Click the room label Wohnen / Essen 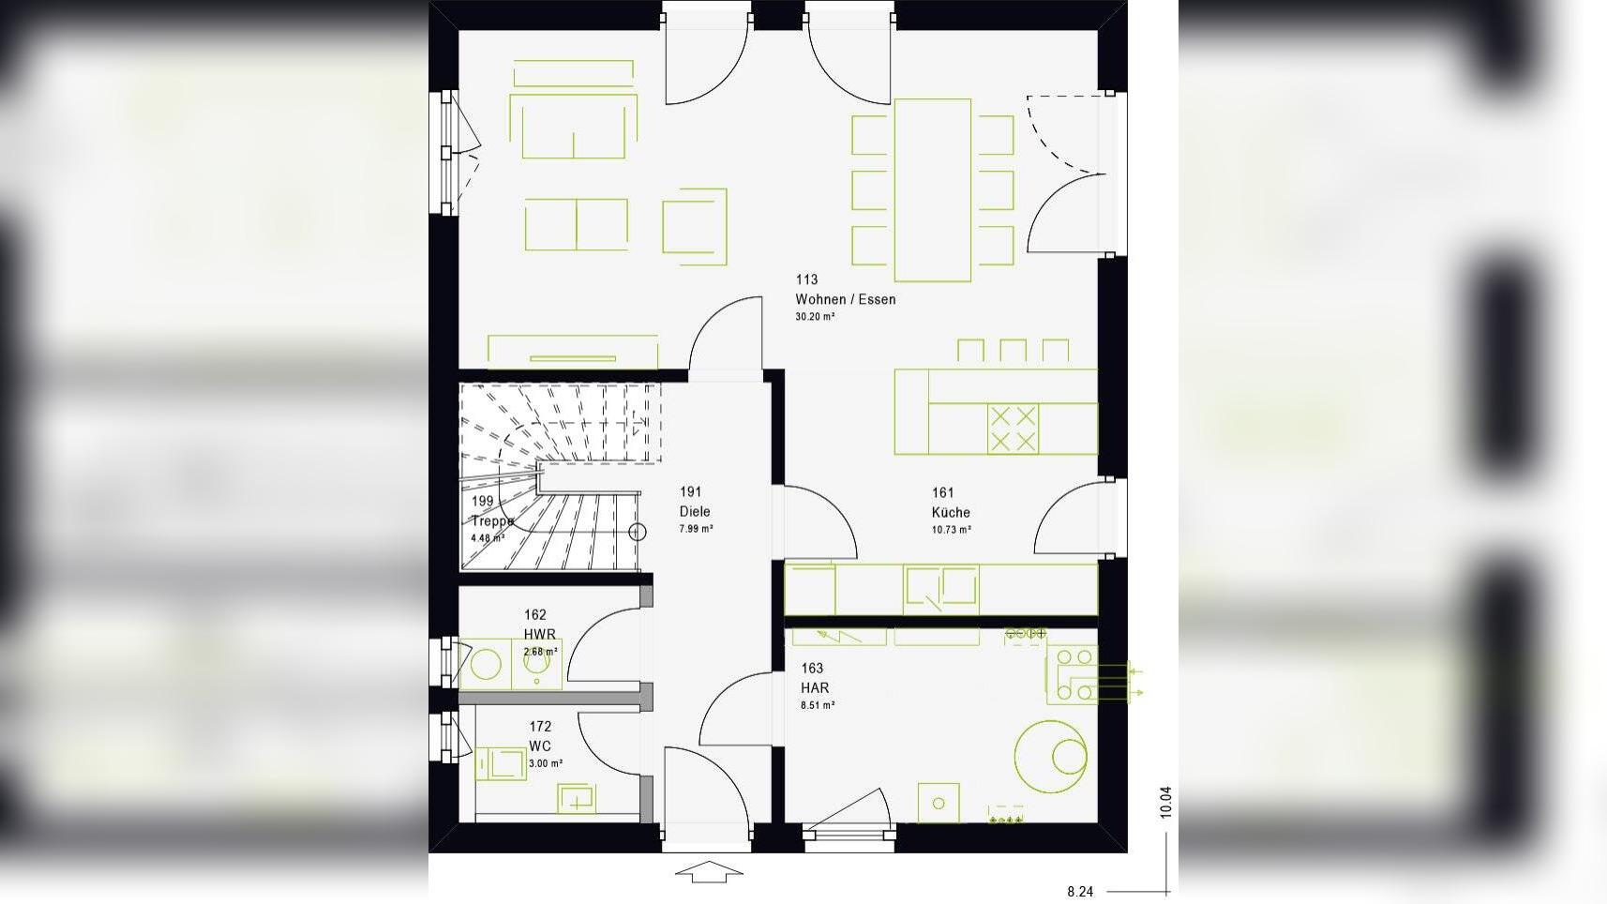(x=845, y=299)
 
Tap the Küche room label (x=951, y=512)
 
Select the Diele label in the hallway (x=695, y=511)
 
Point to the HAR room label (x=815, y=687)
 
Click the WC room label (x=540, y=746)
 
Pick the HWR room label (x=540, y=634)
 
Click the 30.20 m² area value (x=815, y=317)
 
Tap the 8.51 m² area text (x=818, y=705)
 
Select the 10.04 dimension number (x=1165, y=802)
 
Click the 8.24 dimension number (x=1080, y=891)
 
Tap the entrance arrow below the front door (x=709, y=872)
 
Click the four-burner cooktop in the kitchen (x=1013, y=429)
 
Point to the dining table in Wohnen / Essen (x=932, y=189)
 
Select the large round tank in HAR (x=1051, y=756)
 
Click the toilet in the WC (x=500, y=762)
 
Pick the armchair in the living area (x=695, y=226)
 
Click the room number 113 (x=806, y=279)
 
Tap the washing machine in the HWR (x=486, y=664)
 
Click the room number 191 (x=691, y=491)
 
